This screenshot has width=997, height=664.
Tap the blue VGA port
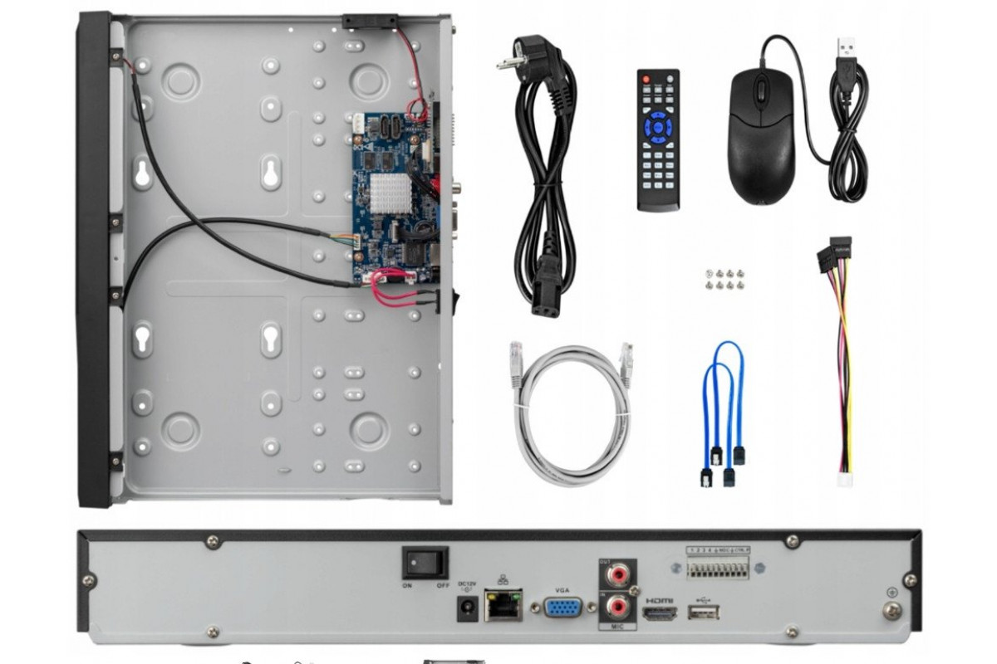click(563, 608)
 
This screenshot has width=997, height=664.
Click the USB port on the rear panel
click(704, 613)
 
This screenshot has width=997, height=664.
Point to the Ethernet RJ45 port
click(504, 605)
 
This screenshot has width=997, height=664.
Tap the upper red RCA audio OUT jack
click(616, 574)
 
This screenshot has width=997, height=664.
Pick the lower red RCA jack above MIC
click(616, 607)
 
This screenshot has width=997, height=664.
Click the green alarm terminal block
click(718, 567)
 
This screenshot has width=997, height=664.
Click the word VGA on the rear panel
click(562, 587)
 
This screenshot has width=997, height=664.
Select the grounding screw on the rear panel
click(891, 610)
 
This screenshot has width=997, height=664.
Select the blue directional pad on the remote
click(658, 126)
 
